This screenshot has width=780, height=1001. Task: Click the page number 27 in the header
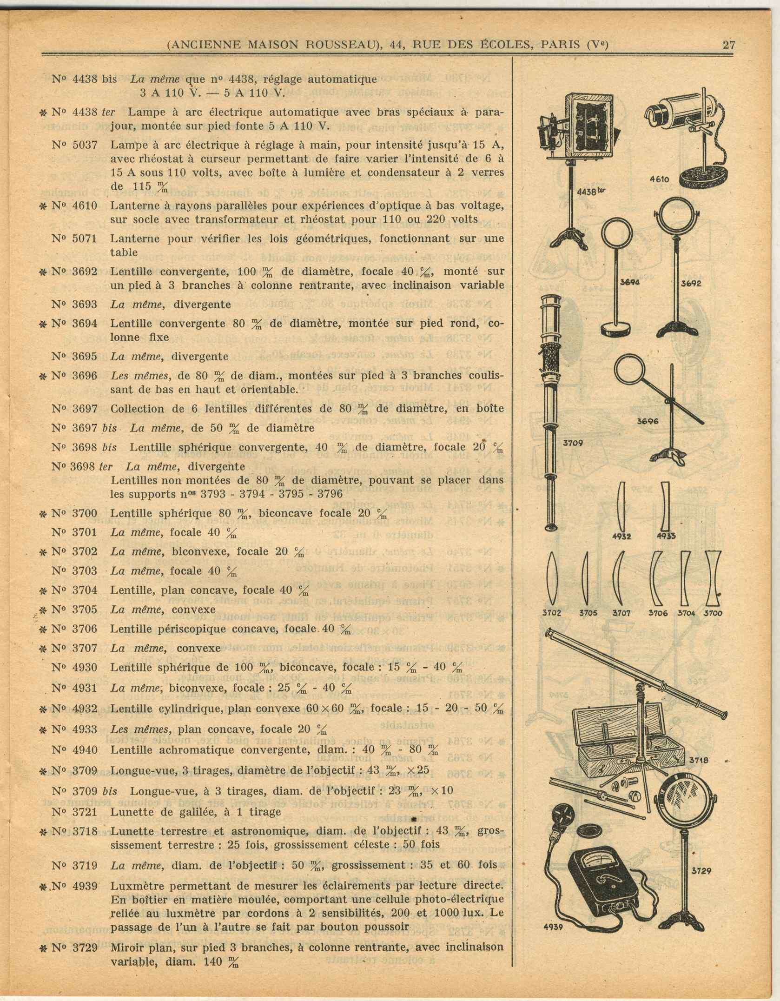tap(728, 45)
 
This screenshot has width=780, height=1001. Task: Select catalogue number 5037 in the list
tap(85, 145)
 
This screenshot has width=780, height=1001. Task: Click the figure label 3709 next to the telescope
tap(573, 443)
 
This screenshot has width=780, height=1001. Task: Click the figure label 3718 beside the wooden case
tap(698, 761)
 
